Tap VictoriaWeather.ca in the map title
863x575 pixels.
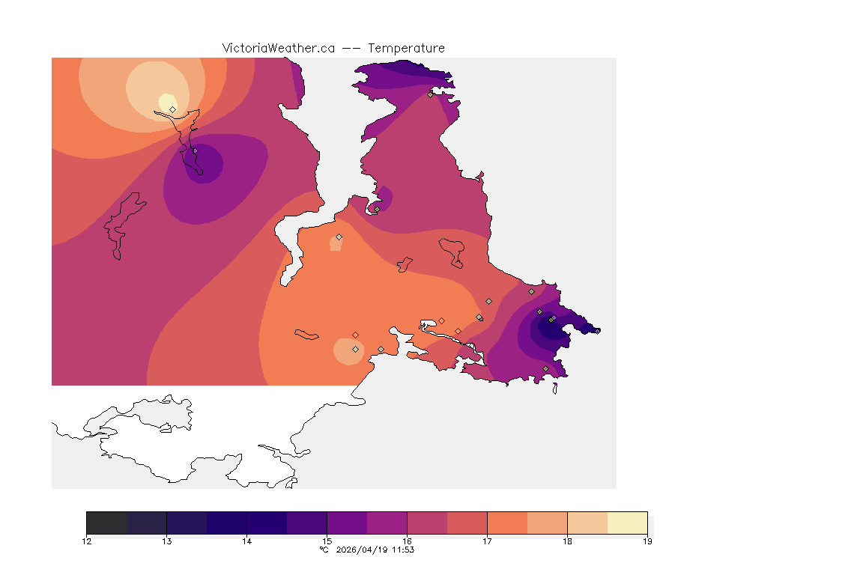pyautogui.click(x=278, y=48)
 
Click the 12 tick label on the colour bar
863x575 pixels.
pyautogui.click(x=87, y=541)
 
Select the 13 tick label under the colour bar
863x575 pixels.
pyautogui.click(x=166, y=541)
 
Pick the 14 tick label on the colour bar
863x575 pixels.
pyautogui.click(x=246, y=541)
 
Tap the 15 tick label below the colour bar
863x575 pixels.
pyautogui.click(x=327, y=541)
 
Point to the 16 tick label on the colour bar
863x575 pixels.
pyautogui.click(x=407, y=541)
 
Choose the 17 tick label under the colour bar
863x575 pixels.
pyautogui.click(x=487, y=541)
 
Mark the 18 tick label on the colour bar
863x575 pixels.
pyautogui.click(x=567, y=541)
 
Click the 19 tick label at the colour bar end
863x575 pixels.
pyautogui.click(x=647, y=541)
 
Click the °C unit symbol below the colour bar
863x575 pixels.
pyautogui.click(x=324, y=550)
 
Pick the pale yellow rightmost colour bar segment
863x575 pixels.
pyautogui.click(x=627, y=523)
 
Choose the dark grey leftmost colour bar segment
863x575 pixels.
pyautogui.click(x=106, y=523)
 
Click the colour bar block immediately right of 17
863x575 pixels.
pyautogui.click(x=507, y=523)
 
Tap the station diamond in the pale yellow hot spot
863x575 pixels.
pyautogui.click(x=172, y=109)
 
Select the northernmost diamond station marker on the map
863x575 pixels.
pyautogui.click(x=430, y=94)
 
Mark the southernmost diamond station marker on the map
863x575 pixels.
pyautogui.click(x=545, y=368)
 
